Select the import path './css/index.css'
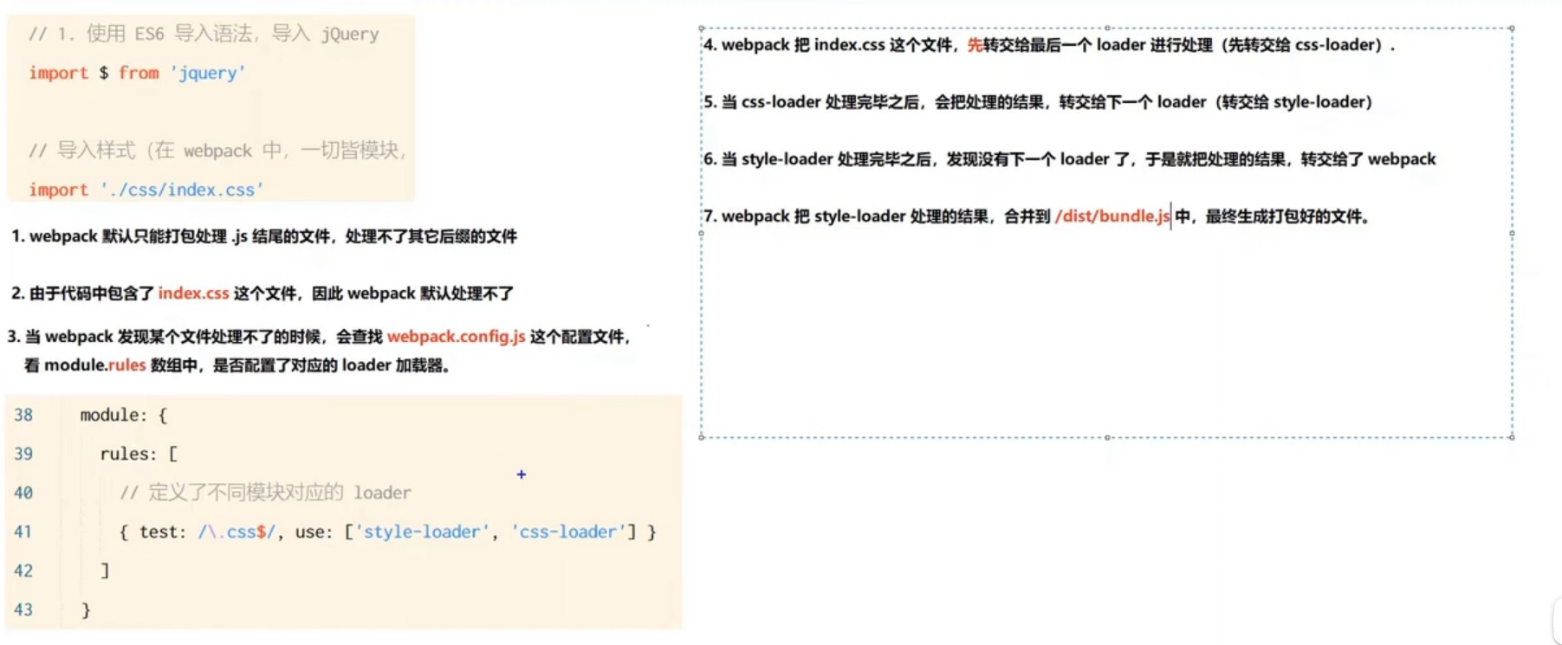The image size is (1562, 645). pos(182,190)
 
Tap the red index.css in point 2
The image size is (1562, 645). pos(193,293)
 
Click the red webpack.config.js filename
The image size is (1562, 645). pos(456,337)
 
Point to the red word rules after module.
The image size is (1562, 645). pos(126,365)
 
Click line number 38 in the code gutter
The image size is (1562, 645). pos(23,416)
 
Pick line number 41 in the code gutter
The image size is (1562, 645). pos(23,532)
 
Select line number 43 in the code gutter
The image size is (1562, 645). pos(23,610)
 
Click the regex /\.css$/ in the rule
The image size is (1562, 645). pos(237,532)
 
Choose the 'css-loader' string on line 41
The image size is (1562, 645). pos(568,532)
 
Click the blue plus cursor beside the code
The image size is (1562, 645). pos(522,474)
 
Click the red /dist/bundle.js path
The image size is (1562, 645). pos(1112,216)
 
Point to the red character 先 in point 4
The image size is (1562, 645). pos(975,45)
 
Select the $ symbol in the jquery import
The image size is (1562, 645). pos(103,74)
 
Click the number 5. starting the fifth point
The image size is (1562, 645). pos(710,102)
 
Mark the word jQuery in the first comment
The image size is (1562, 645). pos(350,35)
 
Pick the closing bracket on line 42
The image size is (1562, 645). pos(105,571)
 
